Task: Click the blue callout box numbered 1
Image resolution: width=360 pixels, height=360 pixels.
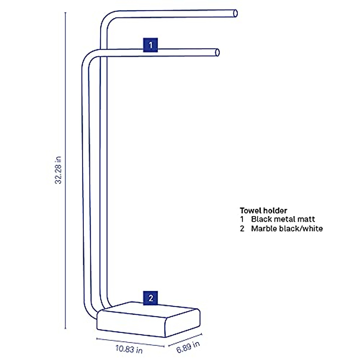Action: [x=150, y=45]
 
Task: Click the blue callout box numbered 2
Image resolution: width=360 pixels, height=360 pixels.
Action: [x=151, y=298]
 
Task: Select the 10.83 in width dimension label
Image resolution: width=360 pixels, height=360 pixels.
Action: [x=129, y=349]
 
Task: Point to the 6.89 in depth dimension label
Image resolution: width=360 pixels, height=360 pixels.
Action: [x=188, y=347]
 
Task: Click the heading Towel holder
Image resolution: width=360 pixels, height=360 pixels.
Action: [x=263, y=211]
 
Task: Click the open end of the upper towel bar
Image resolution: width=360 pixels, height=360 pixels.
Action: [x=235, y=13]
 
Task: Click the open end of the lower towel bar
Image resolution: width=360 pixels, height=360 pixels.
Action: [x=217, y=52]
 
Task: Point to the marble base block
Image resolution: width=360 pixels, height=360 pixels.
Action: [x=148, y=319]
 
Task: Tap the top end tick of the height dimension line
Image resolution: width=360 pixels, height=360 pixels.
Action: [x=65, y=13]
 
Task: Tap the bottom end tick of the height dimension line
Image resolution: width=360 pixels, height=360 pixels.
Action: [x=65, y=329]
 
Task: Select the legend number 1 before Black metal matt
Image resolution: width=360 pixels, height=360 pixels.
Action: [x=242, y=219]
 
